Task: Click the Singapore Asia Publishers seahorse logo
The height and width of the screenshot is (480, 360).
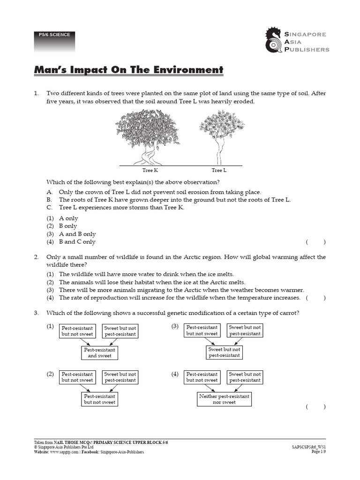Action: (x=274, y=40)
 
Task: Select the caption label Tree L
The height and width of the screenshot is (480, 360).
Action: (x=219, y=171)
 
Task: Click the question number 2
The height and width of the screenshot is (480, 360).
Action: (x=36, y=257)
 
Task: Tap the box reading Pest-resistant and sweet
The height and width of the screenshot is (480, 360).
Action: (x=99, y=353)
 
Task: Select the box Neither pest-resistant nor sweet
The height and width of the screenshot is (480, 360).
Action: (x=224, y=399)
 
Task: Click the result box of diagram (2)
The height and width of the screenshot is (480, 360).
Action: (x=99, y=399)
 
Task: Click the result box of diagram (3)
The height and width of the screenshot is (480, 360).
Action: (x=224, y=352)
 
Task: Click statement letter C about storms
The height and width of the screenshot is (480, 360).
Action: (x=49, y=207)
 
